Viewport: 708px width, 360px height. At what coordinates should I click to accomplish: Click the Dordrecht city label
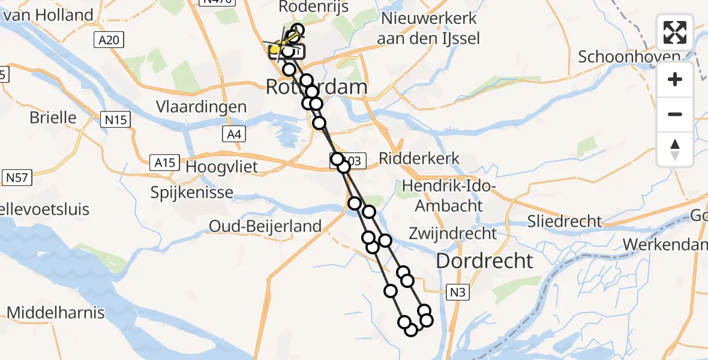pos(484,261)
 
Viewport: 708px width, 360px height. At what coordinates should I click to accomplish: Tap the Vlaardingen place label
pos(201,107)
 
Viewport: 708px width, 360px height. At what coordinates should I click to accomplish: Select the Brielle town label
pos(53,117)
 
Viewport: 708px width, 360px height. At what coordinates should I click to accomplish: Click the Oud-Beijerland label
pos(265,226)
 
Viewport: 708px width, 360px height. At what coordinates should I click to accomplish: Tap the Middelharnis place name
pos(56,313)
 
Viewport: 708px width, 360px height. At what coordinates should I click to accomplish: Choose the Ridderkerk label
pos(419,159)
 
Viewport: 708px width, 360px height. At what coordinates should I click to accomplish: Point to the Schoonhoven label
pos(629,57)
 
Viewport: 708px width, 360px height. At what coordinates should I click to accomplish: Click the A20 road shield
pos(108,40)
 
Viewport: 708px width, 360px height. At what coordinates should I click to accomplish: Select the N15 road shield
pos(115,120)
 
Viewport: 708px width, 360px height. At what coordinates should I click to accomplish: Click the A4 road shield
pos(234,134)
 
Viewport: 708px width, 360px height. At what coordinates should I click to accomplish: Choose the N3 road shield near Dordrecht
pos(457,292)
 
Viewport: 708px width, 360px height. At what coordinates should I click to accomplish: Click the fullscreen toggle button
pos(675,32)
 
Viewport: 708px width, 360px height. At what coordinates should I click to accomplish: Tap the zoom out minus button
pos(675,114)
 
